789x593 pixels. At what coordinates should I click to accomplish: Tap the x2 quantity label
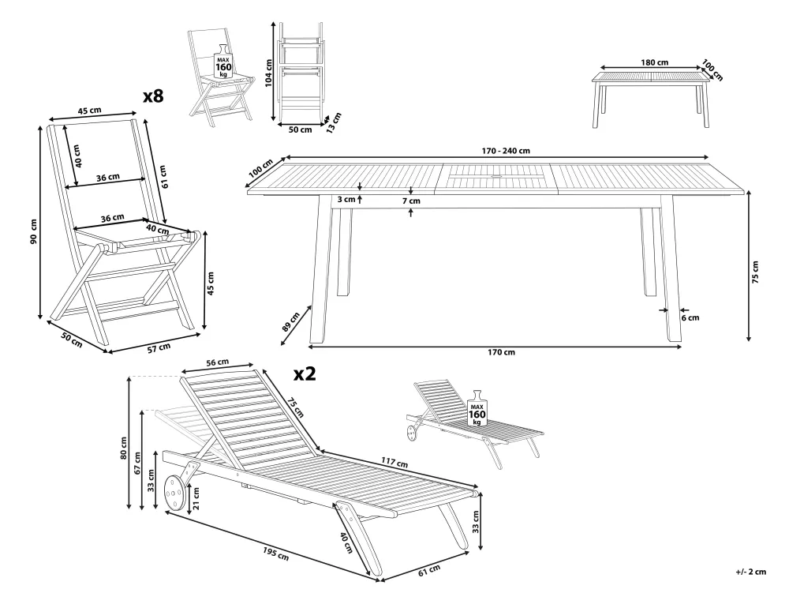(x=305, y=373)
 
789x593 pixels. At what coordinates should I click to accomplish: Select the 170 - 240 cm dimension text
(x=499, y=151)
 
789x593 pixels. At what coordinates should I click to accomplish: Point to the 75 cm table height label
(x=755, y=272)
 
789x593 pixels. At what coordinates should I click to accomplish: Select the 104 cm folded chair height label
(x=270, y=74)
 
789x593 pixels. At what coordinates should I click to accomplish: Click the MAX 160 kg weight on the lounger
(x=477, y=410)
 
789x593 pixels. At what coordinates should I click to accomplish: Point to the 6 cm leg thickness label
(x=690, y=317)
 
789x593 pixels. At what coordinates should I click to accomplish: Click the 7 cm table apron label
(x=410, y=201)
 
